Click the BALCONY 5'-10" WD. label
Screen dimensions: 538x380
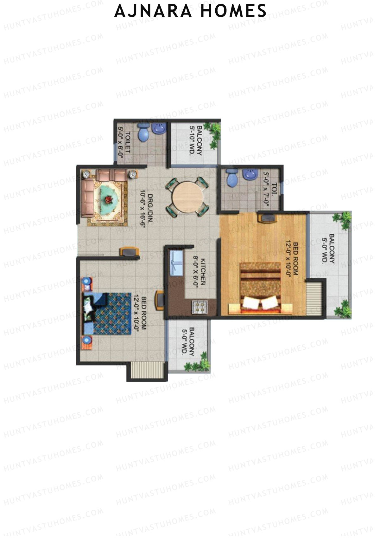(195, 140)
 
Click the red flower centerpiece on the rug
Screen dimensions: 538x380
(109, 199)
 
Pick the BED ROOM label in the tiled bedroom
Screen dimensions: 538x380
(140, 313)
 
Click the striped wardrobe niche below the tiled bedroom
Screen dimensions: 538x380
(147, 370)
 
